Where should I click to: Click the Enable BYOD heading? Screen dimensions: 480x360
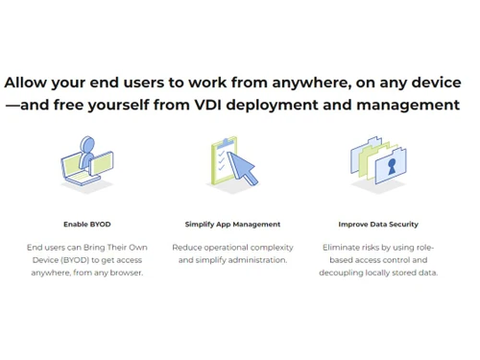87,224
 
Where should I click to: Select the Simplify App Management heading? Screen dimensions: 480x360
232,224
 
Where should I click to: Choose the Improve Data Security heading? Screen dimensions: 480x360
378,224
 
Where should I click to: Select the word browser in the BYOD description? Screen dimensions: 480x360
125,273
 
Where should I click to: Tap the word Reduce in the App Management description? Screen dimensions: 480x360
187,248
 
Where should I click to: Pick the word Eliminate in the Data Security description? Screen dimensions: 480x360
342,248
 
